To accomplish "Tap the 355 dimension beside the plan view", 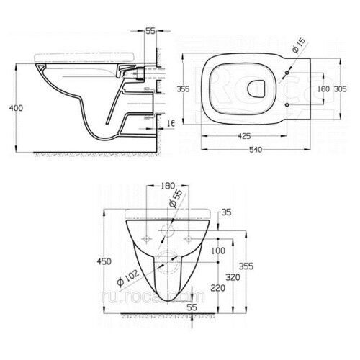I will [183, 89].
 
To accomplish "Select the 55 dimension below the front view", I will [192, 308].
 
